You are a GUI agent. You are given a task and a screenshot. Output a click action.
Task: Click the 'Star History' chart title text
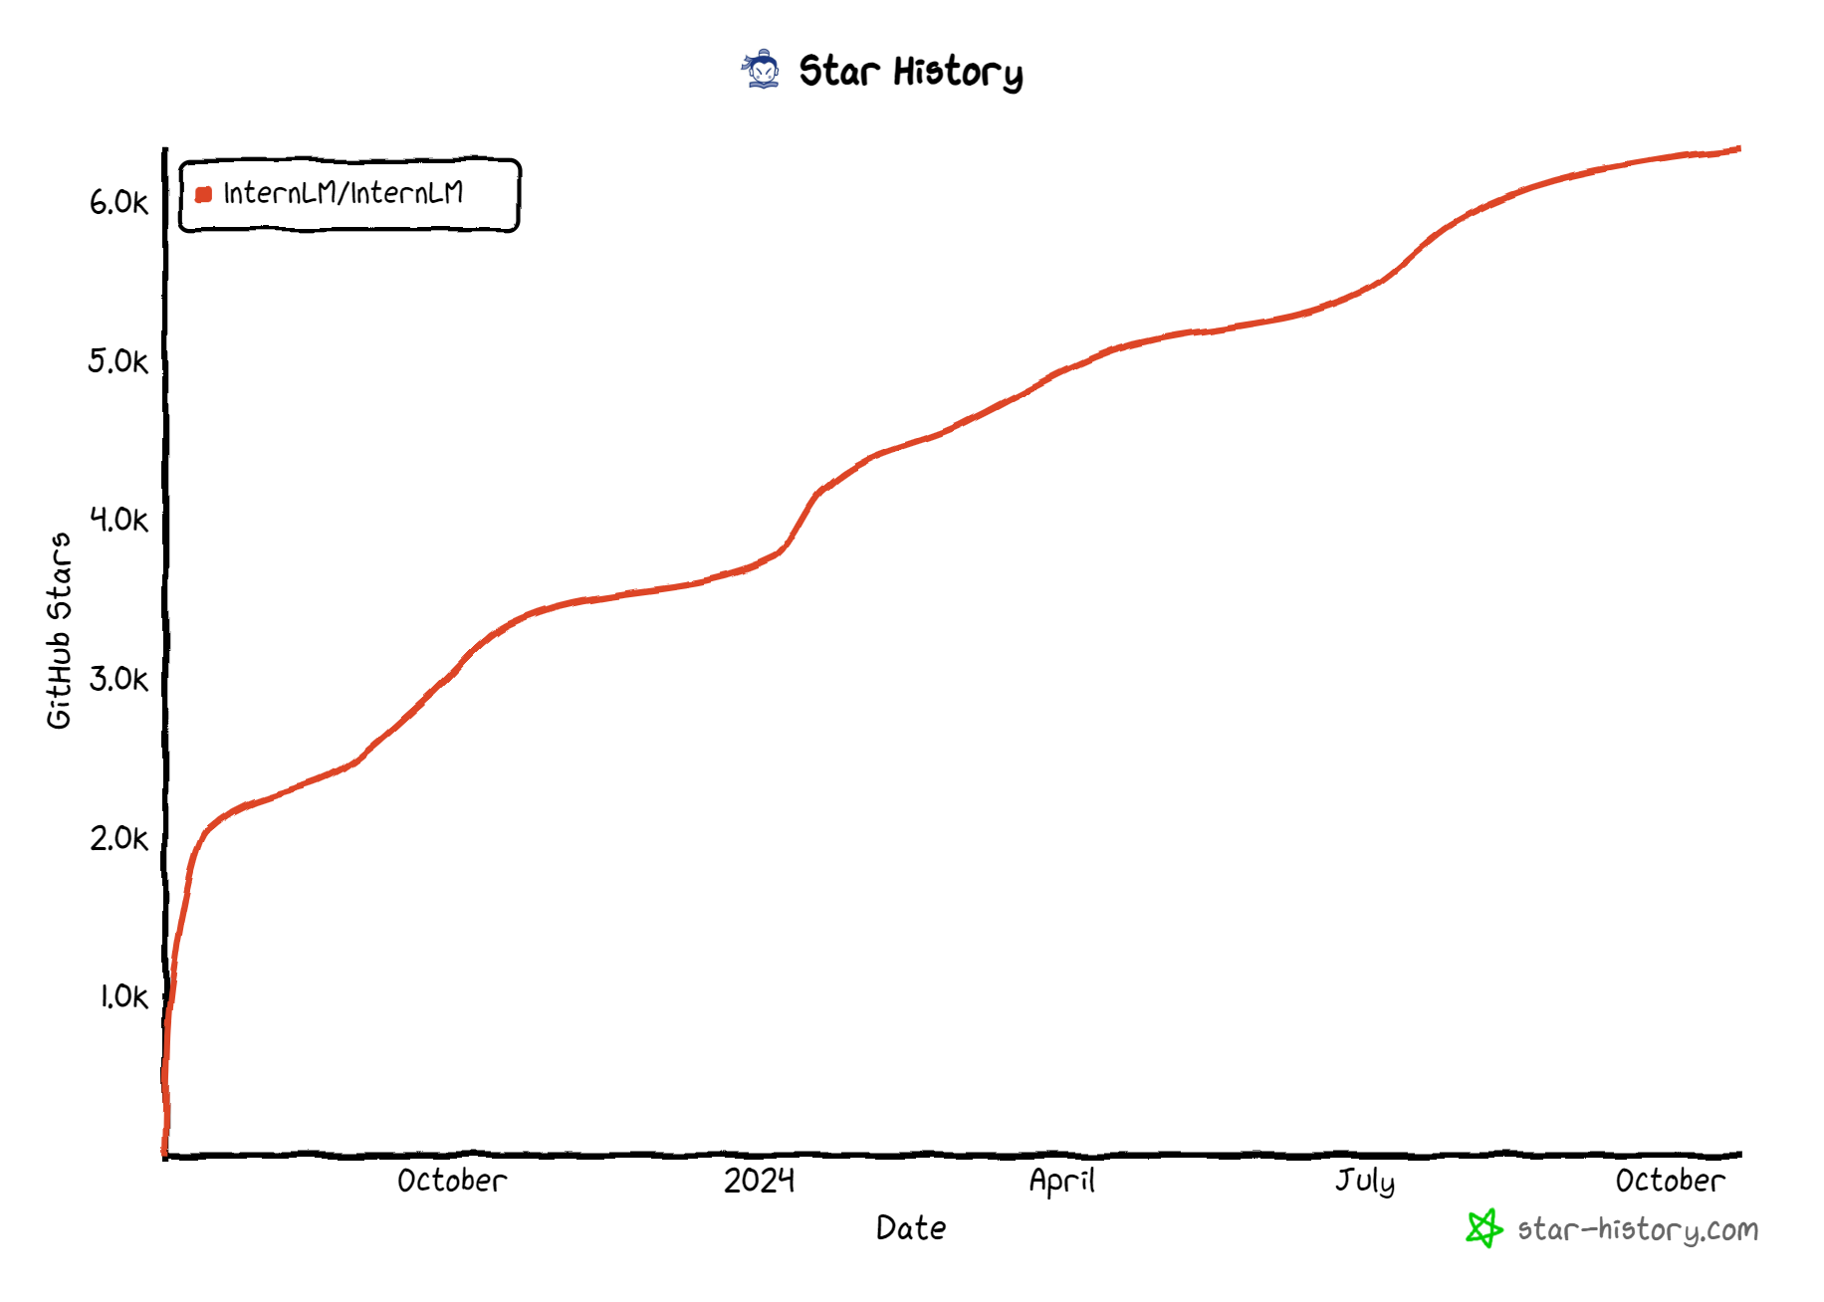[910, 72]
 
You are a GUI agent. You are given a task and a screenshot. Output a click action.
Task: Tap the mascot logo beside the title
[763, 70]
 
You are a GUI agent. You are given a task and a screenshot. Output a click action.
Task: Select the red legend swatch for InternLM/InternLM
[204, 194]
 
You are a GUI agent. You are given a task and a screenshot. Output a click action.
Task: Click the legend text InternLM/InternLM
[343, 193]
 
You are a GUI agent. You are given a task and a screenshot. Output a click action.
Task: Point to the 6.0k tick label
[118, 202]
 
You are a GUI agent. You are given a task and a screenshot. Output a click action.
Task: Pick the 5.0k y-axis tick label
[118, 360]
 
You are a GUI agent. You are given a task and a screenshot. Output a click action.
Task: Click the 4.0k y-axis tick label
[118, 519]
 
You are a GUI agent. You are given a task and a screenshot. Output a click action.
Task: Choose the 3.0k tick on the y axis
[118, 679]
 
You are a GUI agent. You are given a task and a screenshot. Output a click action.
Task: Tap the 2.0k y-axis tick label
[118, 838]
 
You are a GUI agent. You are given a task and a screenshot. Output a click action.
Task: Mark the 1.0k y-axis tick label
[123, 996]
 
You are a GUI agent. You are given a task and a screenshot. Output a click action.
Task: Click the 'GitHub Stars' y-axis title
[60, 630]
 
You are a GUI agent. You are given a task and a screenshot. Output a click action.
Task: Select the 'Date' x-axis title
[911, 1228]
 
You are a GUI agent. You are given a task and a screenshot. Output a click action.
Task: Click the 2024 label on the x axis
[759, 1181]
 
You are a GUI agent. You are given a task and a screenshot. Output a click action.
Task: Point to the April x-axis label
[1061, 1181]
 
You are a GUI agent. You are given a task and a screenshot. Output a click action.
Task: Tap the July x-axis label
[1364, 1182]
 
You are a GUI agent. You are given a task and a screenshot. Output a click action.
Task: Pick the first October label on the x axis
[452, 1181]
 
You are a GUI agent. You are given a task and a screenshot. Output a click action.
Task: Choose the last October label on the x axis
[1670, 1181]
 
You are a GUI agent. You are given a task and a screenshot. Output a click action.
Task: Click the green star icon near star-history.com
[1483, 1228]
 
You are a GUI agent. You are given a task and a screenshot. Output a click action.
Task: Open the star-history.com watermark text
[1638, 1230]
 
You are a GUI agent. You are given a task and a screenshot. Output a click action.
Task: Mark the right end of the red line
[1738, 149]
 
